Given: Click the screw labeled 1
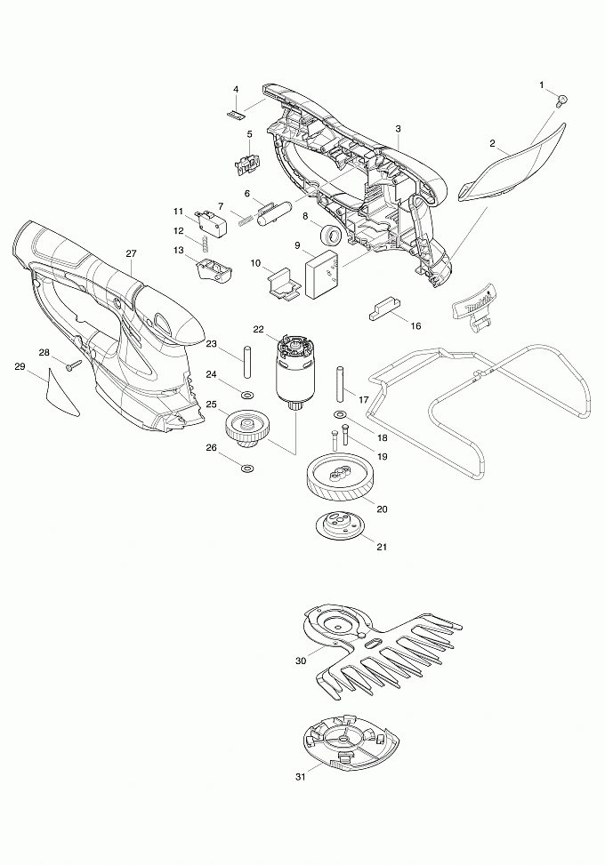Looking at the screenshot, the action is (562, 100).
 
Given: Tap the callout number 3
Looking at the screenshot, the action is (399, 129).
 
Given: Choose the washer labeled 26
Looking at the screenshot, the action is (247, 469).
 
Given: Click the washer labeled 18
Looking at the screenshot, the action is (340, 413).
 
